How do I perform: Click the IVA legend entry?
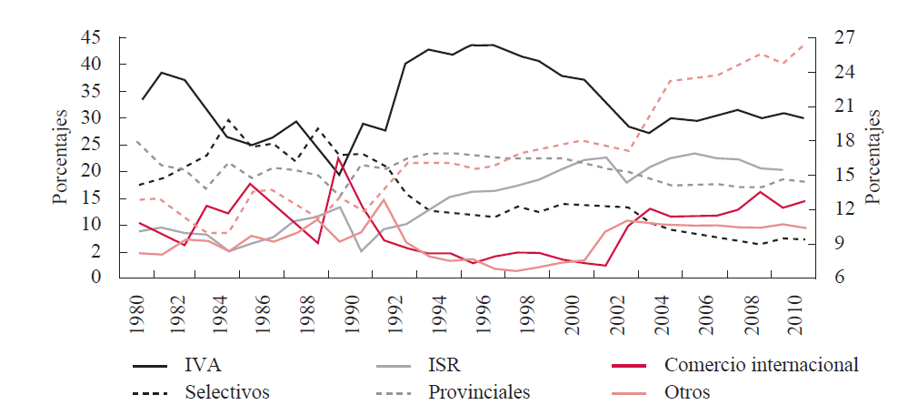tap(201, 366)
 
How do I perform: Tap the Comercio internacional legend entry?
tap(762, 366)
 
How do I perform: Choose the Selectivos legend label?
tap(226, 392)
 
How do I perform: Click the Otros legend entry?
tap(688, 392)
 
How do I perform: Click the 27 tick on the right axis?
tap(847, 38)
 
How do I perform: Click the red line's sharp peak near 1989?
tap(339, 157)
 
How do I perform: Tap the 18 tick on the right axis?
tap(847, 141)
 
